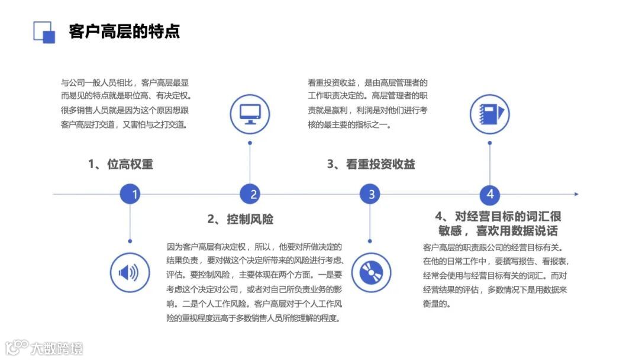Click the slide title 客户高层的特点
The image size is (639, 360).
tap(124, 31)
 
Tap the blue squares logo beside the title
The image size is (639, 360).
tap(44, 32)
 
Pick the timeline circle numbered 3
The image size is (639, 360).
tap(370, 194)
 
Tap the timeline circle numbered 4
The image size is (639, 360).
tap(490, 194)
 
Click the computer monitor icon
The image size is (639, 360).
tap(250, 114)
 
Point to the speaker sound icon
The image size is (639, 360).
tap(129, 272)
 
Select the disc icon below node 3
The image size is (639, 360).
tap(370, 272)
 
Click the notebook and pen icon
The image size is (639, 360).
tap(490, 114)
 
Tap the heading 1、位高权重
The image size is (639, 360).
tap(121, 165)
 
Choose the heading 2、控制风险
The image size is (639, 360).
tap(240, 220)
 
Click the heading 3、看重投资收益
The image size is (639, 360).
tap(371, 165)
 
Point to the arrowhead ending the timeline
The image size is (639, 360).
tap(576, 194)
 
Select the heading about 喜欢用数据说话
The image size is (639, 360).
tap(498, 223)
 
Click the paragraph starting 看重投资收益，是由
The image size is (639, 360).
tap(367, 103)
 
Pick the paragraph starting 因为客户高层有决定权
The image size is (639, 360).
tap(254, 282)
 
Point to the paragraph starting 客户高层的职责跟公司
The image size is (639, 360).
tap(496, 275)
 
